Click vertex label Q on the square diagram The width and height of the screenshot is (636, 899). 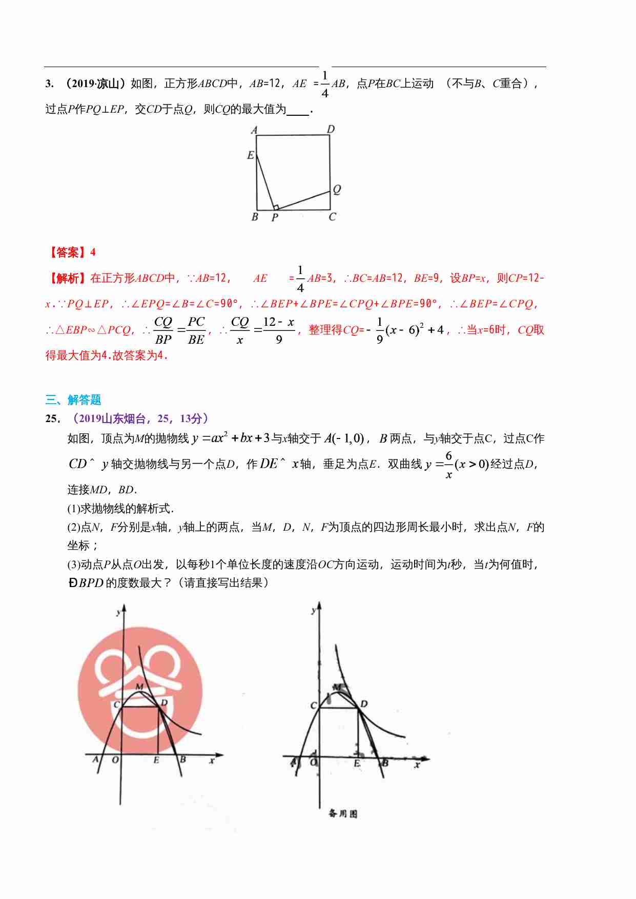(337, 190)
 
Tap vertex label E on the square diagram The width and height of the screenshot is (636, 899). (250, 155)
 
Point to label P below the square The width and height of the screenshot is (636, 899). (275, 217)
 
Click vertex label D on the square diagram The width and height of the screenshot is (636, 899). (331, 129)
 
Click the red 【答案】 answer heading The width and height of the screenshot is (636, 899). (67, 252)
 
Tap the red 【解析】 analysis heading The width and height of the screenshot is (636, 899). (67, 278)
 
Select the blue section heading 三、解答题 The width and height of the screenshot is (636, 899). (73, 400)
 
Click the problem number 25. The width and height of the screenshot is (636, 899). (52, 419)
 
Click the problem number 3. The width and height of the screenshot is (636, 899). (49, 83)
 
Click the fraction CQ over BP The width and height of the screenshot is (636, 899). (163, 330)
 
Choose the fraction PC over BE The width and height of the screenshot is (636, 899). (196, 330)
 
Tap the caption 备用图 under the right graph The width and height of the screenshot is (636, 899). (343, 813)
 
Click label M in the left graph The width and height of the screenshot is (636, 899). (139, 686)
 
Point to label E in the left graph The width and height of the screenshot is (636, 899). (156, 760)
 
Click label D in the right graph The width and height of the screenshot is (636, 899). (364, 704)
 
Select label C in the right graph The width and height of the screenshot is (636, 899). (313, 705)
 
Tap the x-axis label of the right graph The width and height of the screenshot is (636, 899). (417, 765)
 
